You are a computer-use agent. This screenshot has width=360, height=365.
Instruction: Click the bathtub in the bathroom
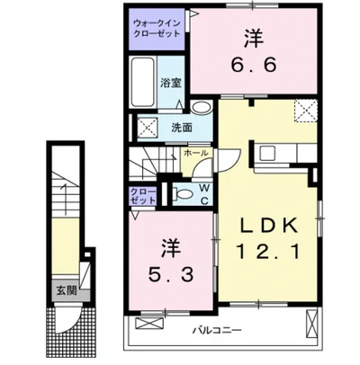tap(143, 83)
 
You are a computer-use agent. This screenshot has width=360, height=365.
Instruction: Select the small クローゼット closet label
tap(141, 195)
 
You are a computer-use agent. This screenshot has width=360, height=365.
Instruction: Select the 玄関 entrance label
tap(67, 289)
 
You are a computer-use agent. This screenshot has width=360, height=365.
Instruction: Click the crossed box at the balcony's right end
tap(312, 321)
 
